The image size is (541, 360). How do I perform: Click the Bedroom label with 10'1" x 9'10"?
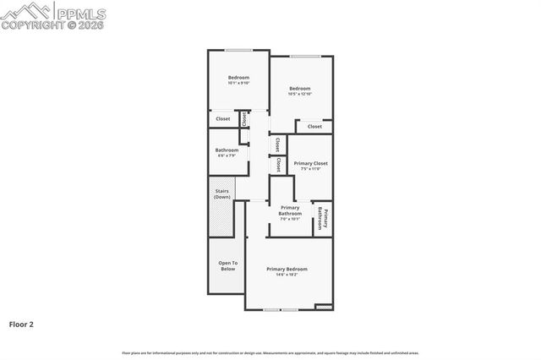point(238,78)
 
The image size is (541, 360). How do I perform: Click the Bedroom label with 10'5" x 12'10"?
point(300,89)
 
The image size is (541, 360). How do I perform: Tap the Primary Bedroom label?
point(287,269)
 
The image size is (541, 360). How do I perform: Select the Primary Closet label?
point(310,163)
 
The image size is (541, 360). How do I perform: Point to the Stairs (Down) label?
point(222,194)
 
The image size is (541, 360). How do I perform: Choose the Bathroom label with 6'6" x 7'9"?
point(227,150)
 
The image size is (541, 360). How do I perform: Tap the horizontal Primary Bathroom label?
point(290,210)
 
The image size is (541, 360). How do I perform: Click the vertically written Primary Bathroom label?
point(321,218)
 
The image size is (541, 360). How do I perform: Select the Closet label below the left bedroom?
point(223,119)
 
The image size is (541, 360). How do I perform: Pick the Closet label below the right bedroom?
point(314,127)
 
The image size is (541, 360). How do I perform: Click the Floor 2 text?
point(21,324)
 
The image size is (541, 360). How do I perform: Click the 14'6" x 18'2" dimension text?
point(287,275)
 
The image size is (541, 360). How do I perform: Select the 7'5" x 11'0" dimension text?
point(310,169)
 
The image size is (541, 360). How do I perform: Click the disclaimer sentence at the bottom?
point(270,353)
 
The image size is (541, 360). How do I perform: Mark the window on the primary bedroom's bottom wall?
point(280,310)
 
